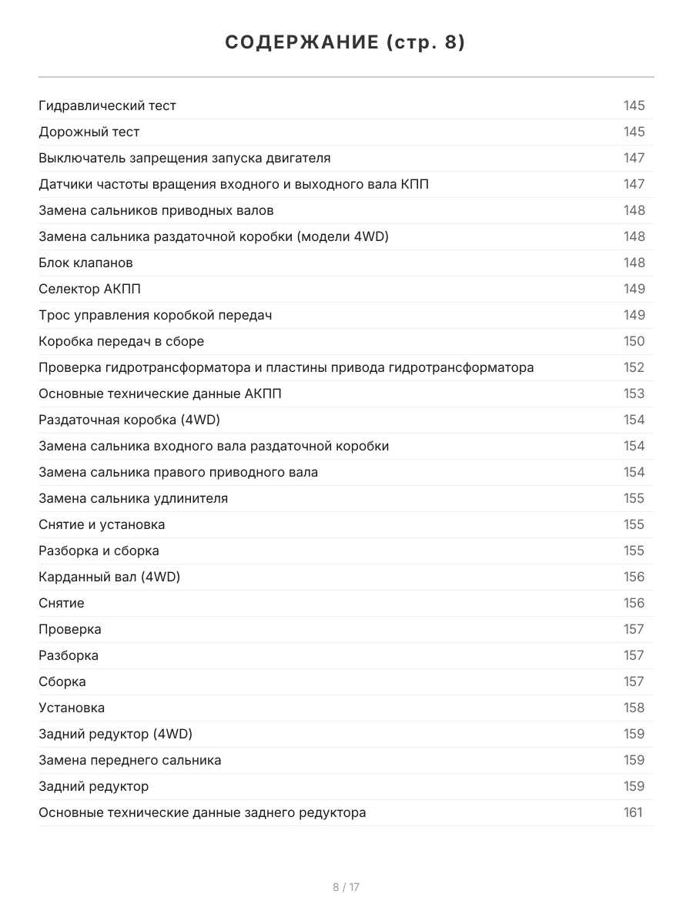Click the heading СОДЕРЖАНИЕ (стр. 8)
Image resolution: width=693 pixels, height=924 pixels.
[346, 43]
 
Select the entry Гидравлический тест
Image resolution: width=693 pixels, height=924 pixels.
[108, 106]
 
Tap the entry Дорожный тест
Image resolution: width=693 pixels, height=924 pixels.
[89, 132]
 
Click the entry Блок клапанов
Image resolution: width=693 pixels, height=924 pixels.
[85, 263]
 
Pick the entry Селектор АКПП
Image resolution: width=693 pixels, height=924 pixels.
[89, 290]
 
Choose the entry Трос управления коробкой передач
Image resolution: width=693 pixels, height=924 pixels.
[155, 316]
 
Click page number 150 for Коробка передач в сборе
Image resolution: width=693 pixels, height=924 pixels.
[634, 342]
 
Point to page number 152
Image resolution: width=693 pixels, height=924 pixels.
[634, 368]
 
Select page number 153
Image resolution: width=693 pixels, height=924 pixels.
[634, 394]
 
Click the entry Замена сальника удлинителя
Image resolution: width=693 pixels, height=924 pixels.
[133, 499]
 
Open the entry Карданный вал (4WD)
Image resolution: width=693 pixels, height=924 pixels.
[109, 577]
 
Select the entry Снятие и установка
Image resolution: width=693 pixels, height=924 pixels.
[102, 525]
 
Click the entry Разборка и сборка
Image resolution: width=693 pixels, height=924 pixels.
[99, 551]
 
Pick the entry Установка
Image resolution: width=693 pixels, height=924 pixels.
[72, 708]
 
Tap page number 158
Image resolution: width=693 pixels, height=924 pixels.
[634, 708]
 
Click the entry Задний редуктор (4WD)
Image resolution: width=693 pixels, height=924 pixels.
[115, 735]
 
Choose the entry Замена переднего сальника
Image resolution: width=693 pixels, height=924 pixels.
[130, 761]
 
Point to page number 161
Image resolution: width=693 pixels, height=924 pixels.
[633, 813]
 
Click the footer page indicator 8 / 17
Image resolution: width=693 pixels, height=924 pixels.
[346, 887]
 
